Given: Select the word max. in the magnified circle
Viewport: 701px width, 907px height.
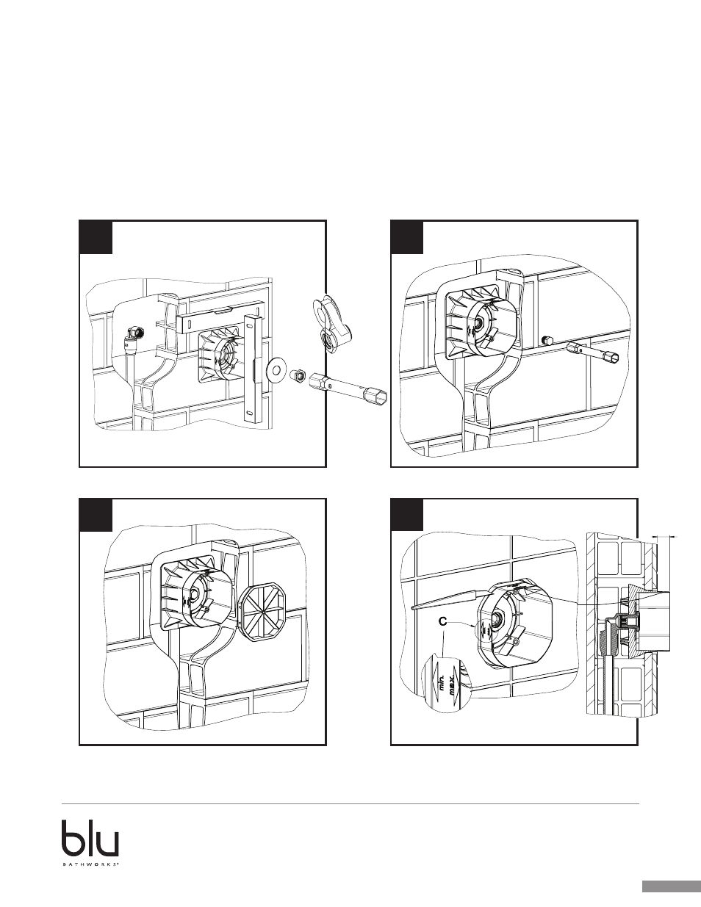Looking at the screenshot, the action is [x=453, y=684].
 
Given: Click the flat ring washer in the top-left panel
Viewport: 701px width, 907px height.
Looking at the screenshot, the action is [x=274, y=369].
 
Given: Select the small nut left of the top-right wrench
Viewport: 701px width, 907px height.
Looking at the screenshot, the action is [x=547, y=340].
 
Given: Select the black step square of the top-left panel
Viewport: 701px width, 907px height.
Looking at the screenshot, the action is [x=96, y=236].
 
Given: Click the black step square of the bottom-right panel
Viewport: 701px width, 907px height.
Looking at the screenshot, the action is [x=407, y=514].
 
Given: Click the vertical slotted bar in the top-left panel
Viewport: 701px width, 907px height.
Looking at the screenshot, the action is [x=253, y=368].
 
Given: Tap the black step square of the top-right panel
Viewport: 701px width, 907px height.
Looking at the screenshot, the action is [x=407, y=236].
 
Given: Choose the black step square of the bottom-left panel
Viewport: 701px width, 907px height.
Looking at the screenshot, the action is [x=96, y=514].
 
